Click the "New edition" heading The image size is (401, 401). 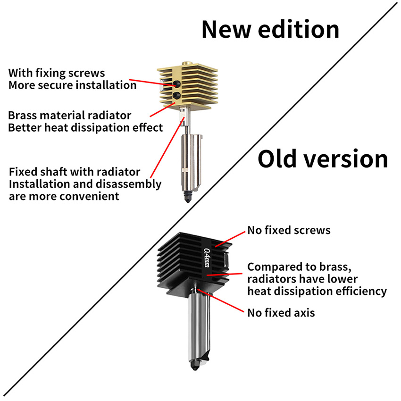(x=270, y=29)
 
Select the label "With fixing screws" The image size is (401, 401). (x=57, y=73)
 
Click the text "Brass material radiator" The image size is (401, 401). (x=70, y=115)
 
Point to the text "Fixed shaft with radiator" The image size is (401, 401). (x=75, y=171)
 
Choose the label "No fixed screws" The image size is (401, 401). (x=289, y=231)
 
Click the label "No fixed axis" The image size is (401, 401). (x=281, y=312)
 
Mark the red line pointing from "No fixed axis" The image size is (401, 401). (x=222, y=302)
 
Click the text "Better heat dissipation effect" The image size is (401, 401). (x=85, y=127)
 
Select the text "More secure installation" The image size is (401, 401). (x=72, y=85)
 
